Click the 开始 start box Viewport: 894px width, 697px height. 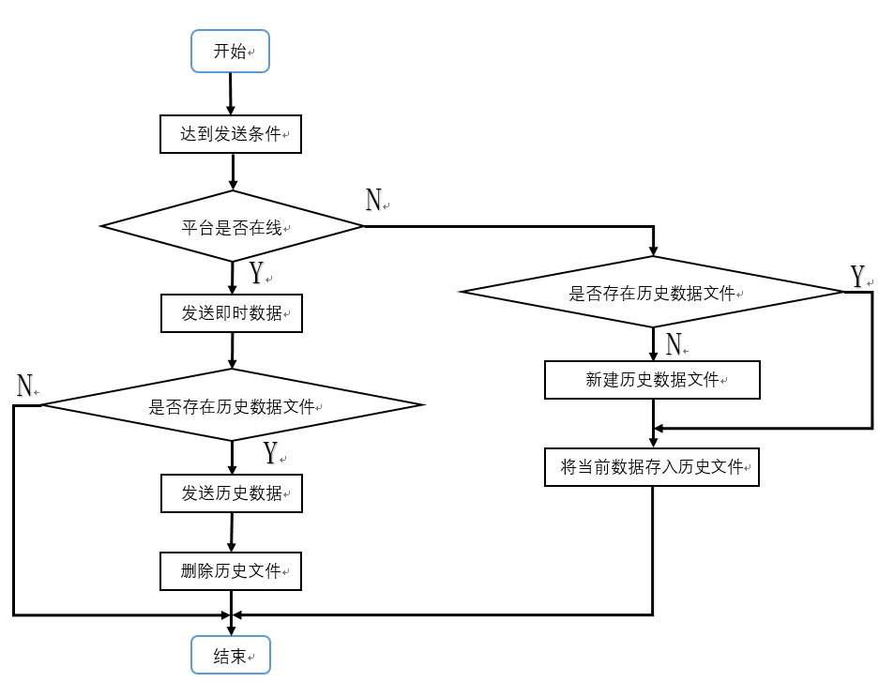[x=231, y=52]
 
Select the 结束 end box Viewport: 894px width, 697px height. [x=231, y=655]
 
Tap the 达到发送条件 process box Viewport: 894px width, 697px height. [x=231, y=134]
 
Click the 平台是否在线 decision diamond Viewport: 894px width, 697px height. [x=232, y=226]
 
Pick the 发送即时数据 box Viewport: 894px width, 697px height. [x=232, y=313]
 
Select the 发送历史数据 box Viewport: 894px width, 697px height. [x=232, y=493]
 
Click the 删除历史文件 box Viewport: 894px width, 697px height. [x=231, y=571]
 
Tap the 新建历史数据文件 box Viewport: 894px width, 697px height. [x=652, y=380]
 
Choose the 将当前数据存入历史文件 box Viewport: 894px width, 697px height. [x=652, y=467]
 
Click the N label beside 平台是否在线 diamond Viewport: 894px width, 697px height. [x=373, y=200]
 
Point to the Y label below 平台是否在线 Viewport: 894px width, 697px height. [x=257, y=272]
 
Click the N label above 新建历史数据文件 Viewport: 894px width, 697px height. [x=674, y=344]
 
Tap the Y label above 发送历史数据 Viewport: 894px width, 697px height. [x=270, y=453]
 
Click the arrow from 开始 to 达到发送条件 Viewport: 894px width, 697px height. [x=231, y=94]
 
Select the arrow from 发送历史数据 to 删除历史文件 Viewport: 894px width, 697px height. [x=232, y=532]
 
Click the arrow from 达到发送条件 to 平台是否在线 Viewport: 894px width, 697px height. [x=233, y=172]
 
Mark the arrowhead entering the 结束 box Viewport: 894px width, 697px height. [x=231, y=630]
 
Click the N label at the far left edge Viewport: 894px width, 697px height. [x=24, y=386]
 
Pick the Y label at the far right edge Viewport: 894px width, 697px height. [x=857, y=277]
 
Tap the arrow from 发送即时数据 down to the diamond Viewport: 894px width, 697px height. [x=232, y=351]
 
